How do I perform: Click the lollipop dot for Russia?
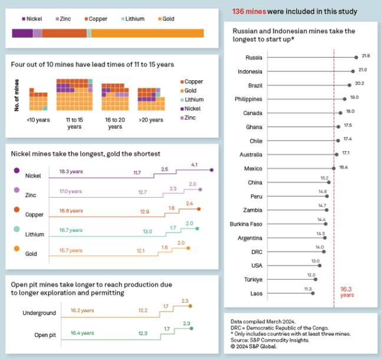point(356,57)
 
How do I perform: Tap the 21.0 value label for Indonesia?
point(363,70)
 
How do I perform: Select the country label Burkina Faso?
point(246,224)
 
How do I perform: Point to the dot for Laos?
point(313,293)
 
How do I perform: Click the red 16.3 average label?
point(347,290)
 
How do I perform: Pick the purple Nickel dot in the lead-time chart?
point(17,171)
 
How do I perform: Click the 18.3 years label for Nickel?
point(71,172)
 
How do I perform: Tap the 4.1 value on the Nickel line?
point(194,165)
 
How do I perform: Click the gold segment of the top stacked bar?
point(147,33)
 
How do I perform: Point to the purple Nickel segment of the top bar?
point(22,33)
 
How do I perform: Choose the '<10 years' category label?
point(38,120)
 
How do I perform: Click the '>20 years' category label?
point(150,120)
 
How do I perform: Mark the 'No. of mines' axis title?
point(17,94)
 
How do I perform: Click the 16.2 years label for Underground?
point(82,310)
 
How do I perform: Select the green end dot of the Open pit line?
point(192,328)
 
